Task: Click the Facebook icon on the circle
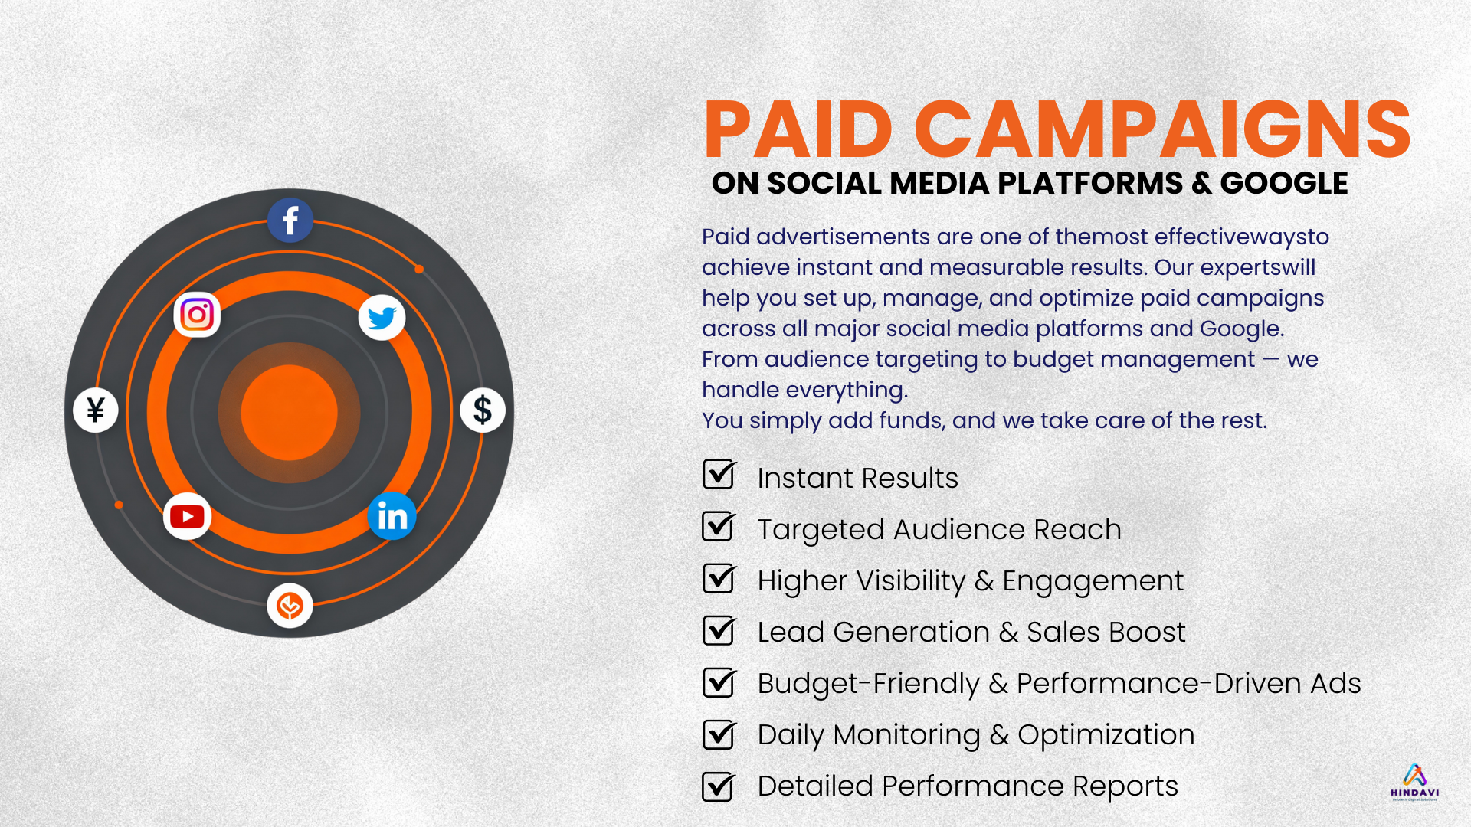[x=290, y=221]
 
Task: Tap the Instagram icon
[x=197, y=314]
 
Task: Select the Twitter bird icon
[x=382, y=317]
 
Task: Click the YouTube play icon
[x=187, y=516]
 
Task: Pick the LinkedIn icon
[x=392, y=516]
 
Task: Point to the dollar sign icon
[x=483, y=410]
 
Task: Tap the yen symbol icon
[x=96, y=410]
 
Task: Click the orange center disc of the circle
[x=289, y=413]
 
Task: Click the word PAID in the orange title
[x=798, y=129]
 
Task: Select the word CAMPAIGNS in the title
[x=1162, y=129]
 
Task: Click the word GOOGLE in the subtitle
[x=1284, y=184]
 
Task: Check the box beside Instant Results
[x=719, y=474]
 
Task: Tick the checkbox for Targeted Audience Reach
[x=719, y=526]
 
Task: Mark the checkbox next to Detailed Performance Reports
[x=719, y=786]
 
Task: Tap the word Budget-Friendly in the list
[x=869, y=684]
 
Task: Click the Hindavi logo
[x=1415, y=782]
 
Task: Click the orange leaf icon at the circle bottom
[x=290, y=606]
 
